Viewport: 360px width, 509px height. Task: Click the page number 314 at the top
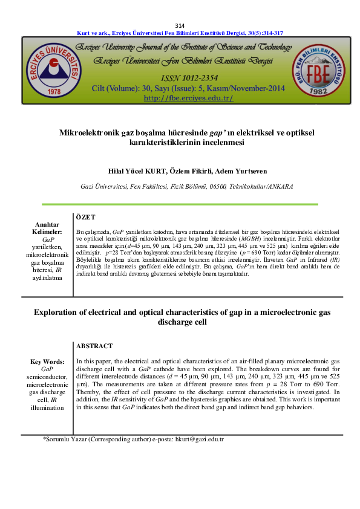click(180, 25)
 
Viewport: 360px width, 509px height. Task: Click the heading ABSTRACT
click(94, 346)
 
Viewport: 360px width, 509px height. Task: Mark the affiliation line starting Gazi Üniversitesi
click(180, 186)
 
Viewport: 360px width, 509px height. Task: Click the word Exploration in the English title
click(59, 312)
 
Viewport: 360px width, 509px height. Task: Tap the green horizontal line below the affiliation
click(180, 204)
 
